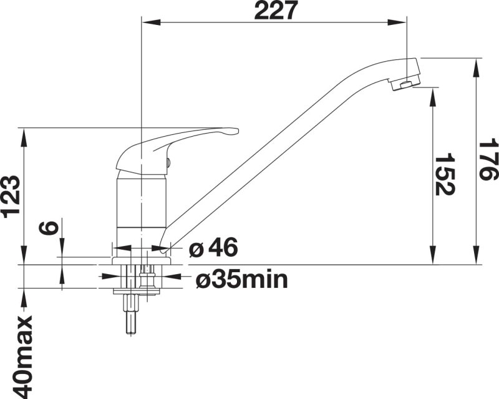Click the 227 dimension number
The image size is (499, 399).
pos(276,10)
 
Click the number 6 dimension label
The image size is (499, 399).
pos(48,228)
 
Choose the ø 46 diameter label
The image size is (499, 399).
pos(213,247)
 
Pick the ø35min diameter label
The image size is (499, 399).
pos(242,280)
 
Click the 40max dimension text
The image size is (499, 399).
pos(22,357)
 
